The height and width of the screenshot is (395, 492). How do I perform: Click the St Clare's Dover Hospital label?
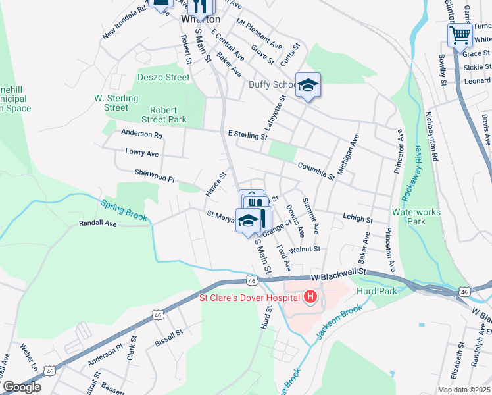(x=251, y=298)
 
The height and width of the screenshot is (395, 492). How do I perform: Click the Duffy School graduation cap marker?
(x=307, y=85)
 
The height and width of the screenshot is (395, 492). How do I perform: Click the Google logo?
(x=21, y=387)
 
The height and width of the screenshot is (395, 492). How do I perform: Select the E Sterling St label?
(x=247, y=135)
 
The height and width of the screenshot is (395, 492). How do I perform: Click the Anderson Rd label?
(x=141, y=134)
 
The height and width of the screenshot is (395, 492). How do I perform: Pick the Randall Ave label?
(x=97, y=224)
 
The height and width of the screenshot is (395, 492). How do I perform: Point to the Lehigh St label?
(x=358, y=219)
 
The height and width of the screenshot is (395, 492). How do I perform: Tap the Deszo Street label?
(x=164, y=77)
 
